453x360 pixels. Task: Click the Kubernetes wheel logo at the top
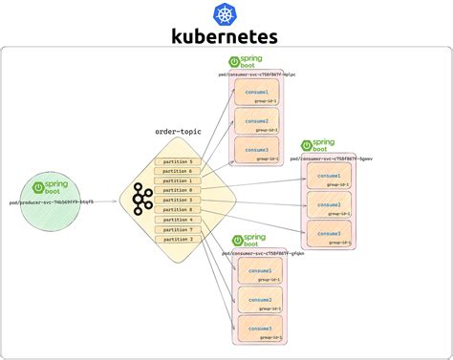click(x=226, y=12)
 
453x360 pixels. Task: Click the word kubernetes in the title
click(x=226, y=36)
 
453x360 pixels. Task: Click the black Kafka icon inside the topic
click(x=143, y=199)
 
